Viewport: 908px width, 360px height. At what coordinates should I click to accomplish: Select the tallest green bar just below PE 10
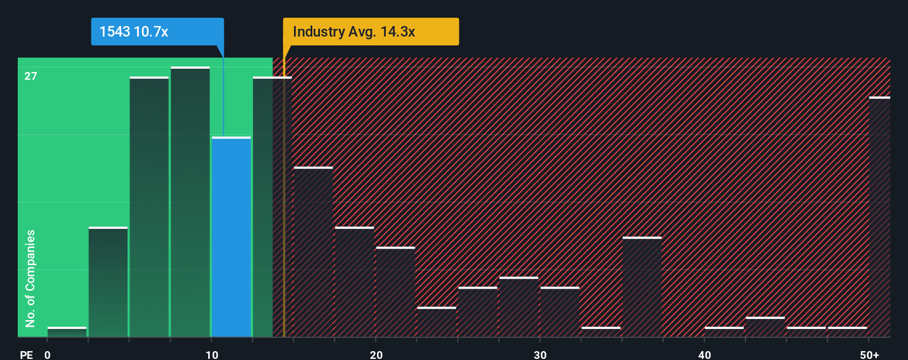[190, 202]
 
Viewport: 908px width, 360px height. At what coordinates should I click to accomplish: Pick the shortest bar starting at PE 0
[67, 332]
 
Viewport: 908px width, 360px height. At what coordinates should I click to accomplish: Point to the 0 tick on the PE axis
[48, 354]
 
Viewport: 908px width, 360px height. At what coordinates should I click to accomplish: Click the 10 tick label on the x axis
[212, 354]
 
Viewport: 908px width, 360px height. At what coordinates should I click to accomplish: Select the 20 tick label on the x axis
[376, 354]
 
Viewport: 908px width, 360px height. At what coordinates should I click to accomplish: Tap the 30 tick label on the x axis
[540, 354]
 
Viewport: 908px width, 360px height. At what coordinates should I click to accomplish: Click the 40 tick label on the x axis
[704, 354]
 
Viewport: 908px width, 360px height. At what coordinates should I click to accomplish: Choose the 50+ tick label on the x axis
[869, 354]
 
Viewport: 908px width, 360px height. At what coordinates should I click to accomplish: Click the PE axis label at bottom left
[26, 354]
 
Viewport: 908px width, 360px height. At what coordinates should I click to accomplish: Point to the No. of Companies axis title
[30, 278]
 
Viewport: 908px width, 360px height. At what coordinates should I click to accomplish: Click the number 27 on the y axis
[30, 76]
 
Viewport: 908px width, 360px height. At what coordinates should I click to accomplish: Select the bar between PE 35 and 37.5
[642, 287]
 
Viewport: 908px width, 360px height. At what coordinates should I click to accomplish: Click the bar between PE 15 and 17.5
[313, 252]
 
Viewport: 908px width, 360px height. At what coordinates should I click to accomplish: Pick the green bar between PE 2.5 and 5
[108, 282]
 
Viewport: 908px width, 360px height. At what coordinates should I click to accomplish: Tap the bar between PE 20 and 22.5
[395, 292]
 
